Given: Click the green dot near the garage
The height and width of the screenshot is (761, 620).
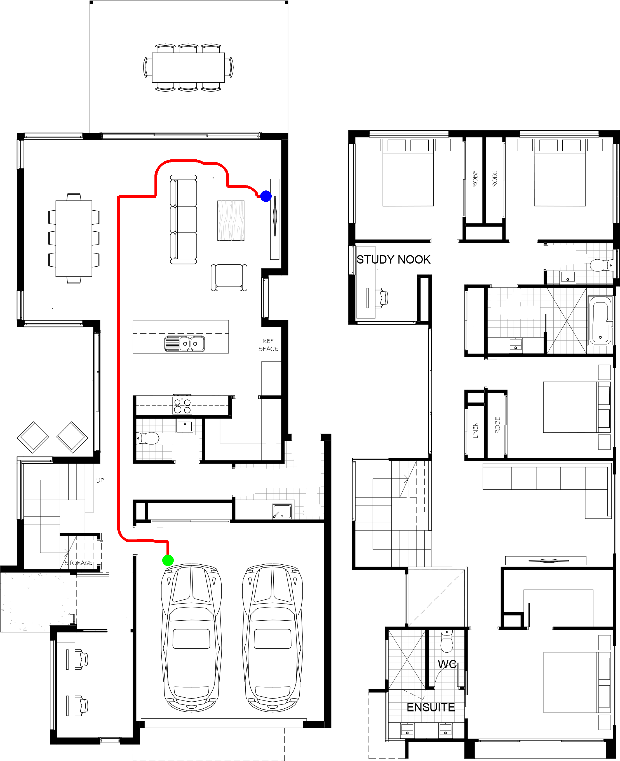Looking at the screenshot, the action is (x=168, y=560).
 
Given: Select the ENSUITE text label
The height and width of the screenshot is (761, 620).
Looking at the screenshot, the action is (x=431, y=708).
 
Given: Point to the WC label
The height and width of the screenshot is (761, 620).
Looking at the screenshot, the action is (x=447, y=664).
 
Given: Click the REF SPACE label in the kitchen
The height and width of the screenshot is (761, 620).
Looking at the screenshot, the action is (x=268, y=345).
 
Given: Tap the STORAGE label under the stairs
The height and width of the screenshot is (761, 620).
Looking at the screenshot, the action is (x=79, y=563).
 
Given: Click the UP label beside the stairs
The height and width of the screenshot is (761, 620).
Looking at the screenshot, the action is (x=100, y=480).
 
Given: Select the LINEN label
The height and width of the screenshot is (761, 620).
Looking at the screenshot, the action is (x=475, y=430).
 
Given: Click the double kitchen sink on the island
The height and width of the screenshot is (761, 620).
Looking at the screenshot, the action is (x=185, y=343).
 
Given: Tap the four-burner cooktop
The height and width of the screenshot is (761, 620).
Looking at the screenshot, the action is (x=182, y=405).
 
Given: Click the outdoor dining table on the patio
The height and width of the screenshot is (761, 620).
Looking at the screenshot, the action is (x=188, y=68).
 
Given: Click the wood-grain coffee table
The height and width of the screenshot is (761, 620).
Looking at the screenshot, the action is (x=231, y=220).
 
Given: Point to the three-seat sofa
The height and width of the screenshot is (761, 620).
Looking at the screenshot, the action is (x=183, y=220).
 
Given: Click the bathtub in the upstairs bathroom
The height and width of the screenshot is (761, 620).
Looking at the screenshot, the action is (x=600, y=320).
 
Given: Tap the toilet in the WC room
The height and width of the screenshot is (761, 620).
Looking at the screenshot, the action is (x=447, y=641).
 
